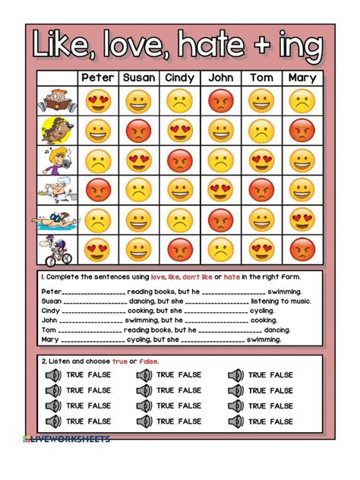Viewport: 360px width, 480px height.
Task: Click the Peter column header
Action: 98,77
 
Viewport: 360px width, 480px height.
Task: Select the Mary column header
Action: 301,77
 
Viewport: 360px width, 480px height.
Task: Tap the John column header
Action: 219,77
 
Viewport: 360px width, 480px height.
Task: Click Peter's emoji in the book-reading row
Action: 98,101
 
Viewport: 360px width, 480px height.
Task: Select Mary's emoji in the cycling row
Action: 301,248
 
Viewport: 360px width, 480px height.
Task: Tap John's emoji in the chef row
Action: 219,190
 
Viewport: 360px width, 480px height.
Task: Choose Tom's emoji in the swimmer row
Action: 261,220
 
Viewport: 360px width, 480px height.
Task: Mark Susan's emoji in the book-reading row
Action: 138,101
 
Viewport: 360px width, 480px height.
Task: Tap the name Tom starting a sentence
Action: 49,330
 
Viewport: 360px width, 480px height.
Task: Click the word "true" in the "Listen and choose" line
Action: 120,361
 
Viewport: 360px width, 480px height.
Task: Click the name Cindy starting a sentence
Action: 51,311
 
